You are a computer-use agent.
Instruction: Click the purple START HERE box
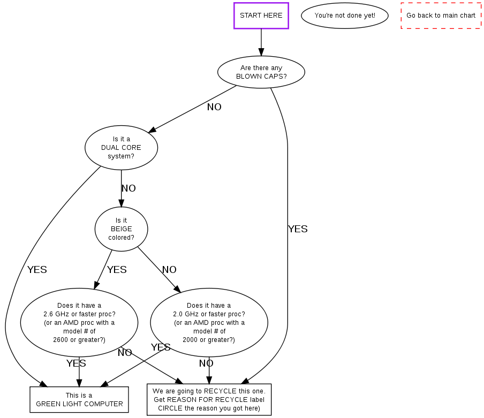click(261, 16)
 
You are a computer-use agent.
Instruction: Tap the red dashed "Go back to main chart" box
click(441, 16)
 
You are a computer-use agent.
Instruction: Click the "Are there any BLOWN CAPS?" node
click(261, 72)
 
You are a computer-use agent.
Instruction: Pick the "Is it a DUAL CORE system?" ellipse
click(121, 148)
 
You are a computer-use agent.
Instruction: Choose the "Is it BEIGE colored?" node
click(121, 229)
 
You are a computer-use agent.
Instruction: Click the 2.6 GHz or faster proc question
click(79, 323)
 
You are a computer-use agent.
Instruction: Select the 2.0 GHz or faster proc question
click(209, 323)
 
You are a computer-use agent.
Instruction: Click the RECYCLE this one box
click(209, 399)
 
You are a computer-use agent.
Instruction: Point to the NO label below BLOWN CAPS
click(214, 107)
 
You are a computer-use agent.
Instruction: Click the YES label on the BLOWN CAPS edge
click(298, 229)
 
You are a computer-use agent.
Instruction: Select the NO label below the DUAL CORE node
click(128, 188)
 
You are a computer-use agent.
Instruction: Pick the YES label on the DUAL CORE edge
click(37, 270)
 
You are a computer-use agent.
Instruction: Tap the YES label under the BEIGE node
click(117, 270)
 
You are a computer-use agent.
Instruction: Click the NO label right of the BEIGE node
click(169, 270)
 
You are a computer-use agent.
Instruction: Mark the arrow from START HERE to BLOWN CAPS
click(261, 42)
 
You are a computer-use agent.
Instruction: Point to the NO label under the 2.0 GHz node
click(206, 364)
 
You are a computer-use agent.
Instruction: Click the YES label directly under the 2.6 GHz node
click(76, 364)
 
